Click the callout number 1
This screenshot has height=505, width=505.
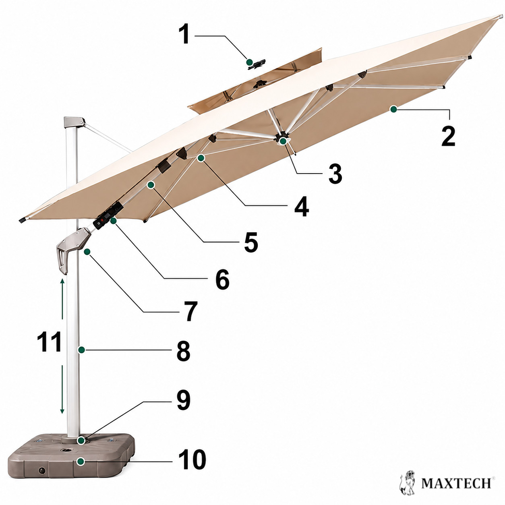(185, 34)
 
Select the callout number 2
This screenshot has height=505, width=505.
(448, 136)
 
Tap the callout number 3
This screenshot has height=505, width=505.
(335, 173)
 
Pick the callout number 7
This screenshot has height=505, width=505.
(190, 311)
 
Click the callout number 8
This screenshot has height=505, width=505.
(183, 351)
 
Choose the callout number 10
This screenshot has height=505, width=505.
(192, 459)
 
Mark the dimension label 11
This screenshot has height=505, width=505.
(49, 342)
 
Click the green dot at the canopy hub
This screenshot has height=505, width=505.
(283, 141)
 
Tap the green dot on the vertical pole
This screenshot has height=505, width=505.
(81, 350)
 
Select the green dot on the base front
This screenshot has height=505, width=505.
(81, 462)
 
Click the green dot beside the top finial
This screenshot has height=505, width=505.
(250, 62)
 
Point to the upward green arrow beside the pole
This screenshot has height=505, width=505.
(62, 299)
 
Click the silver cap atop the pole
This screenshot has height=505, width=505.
(74, 122)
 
